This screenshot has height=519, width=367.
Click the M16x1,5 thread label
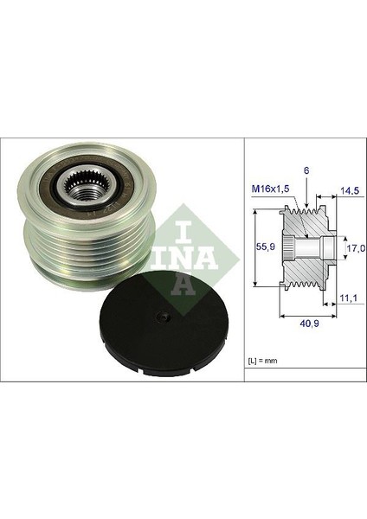pos(271,189)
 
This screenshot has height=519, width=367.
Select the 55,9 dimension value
pos(267,247)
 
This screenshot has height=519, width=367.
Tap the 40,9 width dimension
pos(309,324)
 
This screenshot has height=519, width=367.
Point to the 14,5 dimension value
pos(350,191)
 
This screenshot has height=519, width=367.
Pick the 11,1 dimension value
pos(348,298)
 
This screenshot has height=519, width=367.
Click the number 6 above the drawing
pos(306,170)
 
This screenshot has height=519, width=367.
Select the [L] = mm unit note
pos(263,361)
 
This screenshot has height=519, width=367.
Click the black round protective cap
pos(164,324)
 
